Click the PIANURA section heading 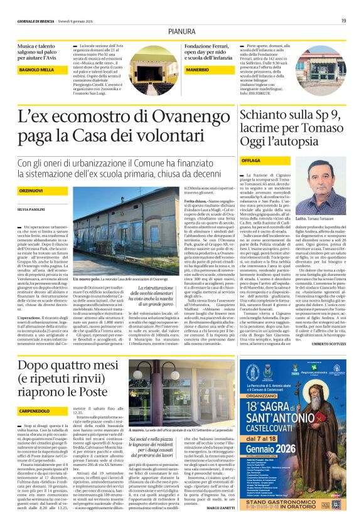click(x=181, y=31)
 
